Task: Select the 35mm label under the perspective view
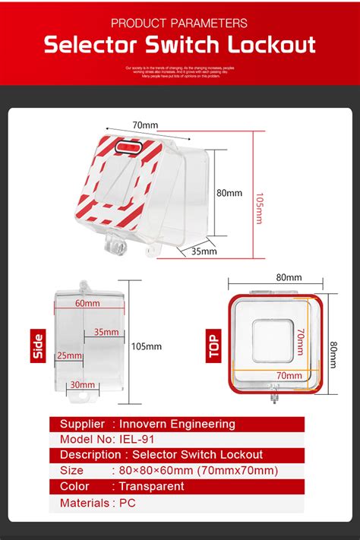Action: pyautogui.click(x=204, y=251)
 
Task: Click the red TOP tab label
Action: pyautogui.click(x=214, y=346)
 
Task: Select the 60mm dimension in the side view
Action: pyautogui.click(x=87, y=303)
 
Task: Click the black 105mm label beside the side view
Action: pyautogui.click(x=147, y=346)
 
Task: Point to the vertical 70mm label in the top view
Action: pyautogui.click(x=300, y=342)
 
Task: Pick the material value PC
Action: pyautogui.click(x=126, y=502)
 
